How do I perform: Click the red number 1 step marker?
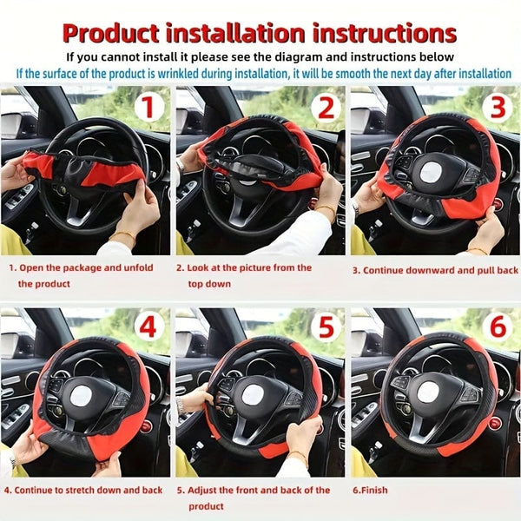[148, 108]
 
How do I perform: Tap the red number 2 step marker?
[324, 108]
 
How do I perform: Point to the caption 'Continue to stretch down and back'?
[83, 490]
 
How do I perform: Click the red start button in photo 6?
[496, 423]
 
